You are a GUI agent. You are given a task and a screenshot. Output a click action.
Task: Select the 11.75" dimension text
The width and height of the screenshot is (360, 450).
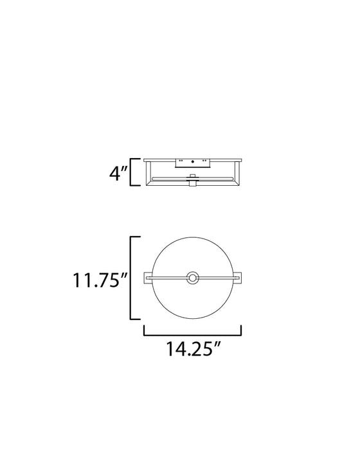96,280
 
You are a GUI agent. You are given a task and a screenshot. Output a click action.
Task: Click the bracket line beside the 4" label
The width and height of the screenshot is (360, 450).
131,172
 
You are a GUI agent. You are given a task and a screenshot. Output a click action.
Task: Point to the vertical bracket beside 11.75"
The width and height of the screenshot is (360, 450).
131,278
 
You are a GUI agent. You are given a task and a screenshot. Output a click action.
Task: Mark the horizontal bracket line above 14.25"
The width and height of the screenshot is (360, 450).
192,335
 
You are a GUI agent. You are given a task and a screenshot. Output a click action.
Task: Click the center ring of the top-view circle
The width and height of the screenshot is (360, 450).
192,278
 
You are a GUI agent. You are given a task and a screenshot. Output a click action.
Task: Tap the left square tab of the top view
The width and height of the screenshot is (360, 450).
148,278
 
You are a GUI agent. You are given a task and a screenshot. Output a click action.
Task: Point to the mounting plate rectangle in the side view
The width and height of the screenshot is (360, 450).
192,163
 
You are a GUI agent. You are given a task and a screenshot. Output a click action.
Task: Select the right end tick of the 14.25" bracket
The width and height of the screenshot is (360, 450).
241,330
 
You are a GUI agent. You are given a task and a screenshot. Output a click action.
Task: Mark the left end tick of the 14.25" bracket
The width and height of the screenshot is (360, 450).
143,330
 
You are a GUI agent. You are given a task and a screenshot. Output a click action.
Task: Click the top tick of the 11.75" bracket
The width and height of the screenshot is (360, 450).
136,238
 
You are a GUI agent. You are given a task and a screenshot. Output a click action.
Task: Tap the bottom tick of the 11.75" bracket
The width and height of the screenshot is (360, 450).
136,318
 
